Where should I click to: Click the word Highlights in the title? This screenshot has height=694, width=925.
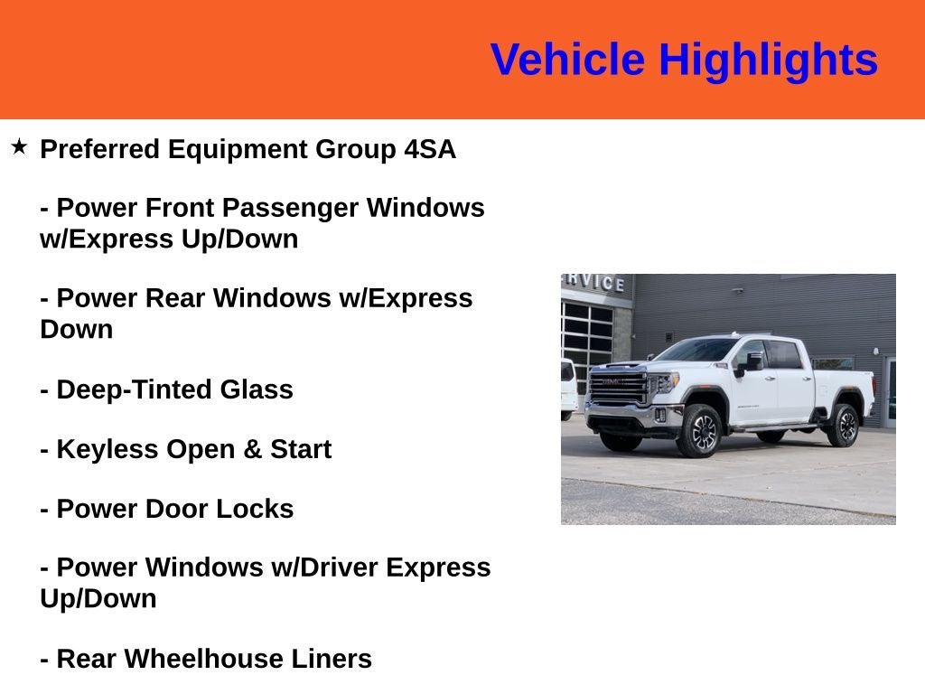(x=768, y=61)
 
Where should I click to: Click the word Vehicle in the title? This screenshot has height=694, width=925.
(x=567, y=59)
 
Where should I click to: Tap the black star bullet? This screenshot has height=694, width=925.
(x=20, y=146)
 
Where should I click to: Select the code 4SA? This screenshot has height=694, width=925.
(x=430, y=149)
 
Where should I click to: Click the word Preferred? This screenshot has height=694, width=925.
(x=99, y=149)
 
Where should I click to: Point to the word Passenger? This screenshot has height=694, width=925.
(x=290, y=209)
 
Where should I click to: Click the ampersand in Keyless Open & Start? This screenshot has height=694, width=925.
(x=252, y=449)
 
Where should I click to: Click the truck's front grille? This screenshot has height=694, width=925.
(x=618, y=388)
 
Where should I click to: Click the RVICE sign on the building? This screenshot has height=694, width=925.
(x=594, y=283)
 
